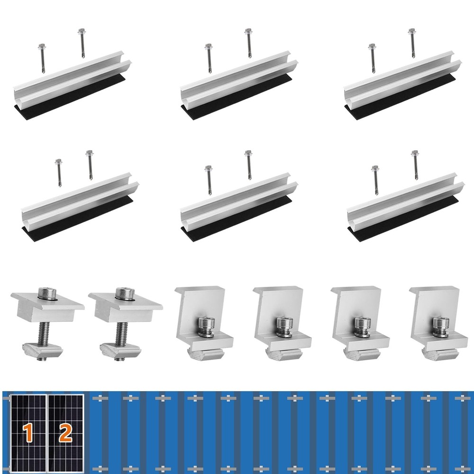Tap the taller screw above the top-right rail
click(412, 43)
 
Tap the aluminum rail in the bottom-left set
click(76, 201)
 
